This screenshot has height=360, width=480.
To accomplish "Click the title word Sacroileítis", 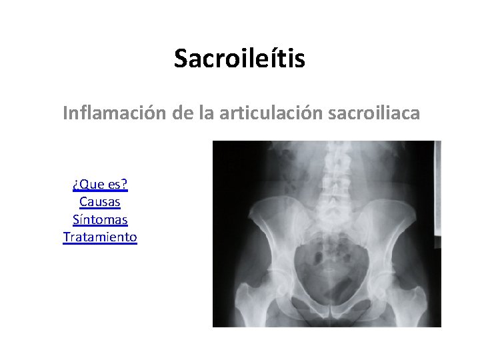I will [x=239, y=59].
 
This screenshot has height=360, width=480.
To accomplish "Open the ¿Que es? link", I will [x=100, y=184].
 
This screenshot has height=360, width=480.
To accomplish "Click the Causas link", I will [x=100, y=201].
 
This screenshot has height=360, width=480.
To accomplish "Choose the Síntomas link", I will [x=100, y=219].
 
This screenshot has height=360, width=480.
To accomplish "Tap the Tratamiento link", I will [x=100, y=236].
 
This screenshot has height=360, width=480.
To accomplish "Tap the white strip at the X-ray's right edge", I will [x=437, y=193].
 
